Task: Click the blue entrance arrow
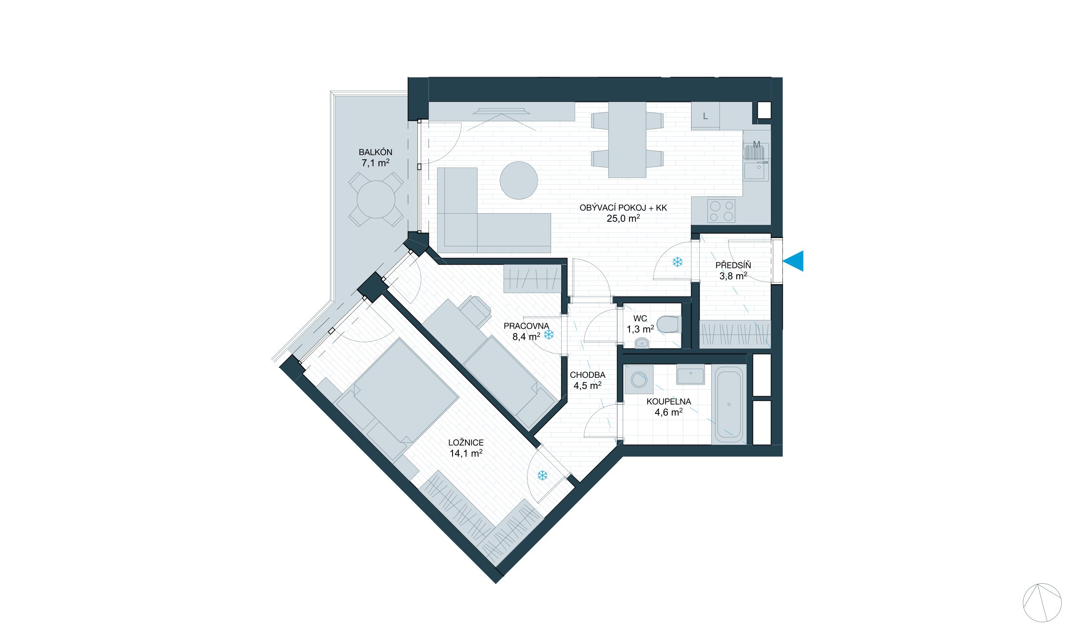point(794,261)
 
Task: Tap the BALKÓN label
point(375,152)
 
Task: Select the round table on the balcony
point(376,199)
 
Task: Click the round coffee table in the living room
point(518,180)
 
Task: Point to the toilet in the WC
point(669,324)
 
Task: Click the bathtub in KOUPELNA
point(729,404)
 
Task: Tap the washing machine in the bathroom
point(639,379)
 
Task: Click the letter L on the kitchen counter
point(705,116)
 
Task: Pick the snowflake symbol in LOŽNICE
point(542,476)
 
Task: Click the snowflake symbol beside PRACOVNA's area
point(549,334)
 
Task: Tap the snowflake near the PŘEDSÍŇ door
point(677,262)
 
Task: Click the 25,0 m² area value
point(623,218)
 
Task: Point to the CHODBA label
point(587,375)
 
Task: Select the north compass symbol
point(1042,603)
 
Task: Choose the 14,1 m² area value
point(466,453)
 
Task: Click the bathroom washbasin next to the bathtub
point(690,375)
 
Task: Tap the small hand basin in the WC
point(642,343)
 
